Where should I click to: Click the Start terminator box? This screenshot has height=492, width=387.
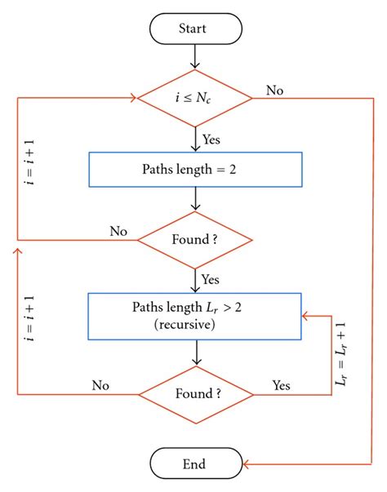(194, 28)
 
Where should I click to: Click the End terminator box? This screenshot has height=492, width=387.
(194, 464)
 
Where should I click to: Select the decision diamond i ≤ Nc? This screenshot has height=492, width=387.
(194, 99)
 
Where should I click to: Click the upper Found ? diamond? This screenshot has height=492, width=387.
(194, 241)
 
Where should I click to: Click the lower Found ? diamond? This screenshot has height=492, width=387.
(194, 394)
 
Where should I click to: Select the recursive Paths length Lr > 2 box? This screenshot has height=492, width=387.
(194, 315)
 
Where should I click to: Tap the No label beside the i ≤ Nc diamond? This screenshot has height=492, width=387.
(274, 91)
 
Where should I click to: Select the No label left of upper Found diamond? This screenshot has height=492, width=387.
(118, 232)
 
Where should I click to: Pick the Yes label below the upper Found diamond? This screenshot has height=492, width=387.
(211, 279)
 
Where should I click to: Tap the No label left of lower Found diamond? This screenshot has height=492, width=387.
(101, 384)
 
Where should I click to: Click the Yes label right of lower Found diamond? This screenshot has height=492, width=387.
(280, 384)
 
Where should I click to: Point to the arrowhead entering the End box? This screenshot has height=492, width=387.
(247, 464)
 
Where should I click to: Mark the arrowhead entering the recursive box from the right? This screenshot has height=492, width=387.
(305, 315)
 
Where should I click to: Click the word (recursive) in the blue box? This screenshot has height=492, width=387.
(194, 323)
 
